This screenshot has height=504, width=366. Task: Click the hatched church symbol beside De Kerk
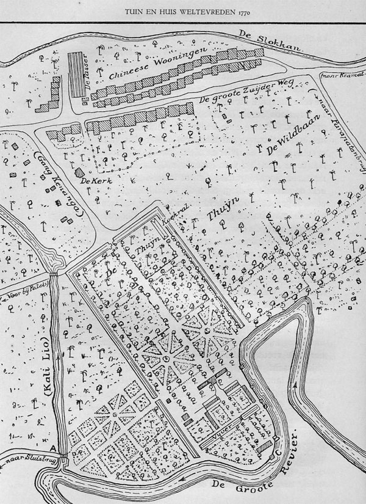pos(79,172)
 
